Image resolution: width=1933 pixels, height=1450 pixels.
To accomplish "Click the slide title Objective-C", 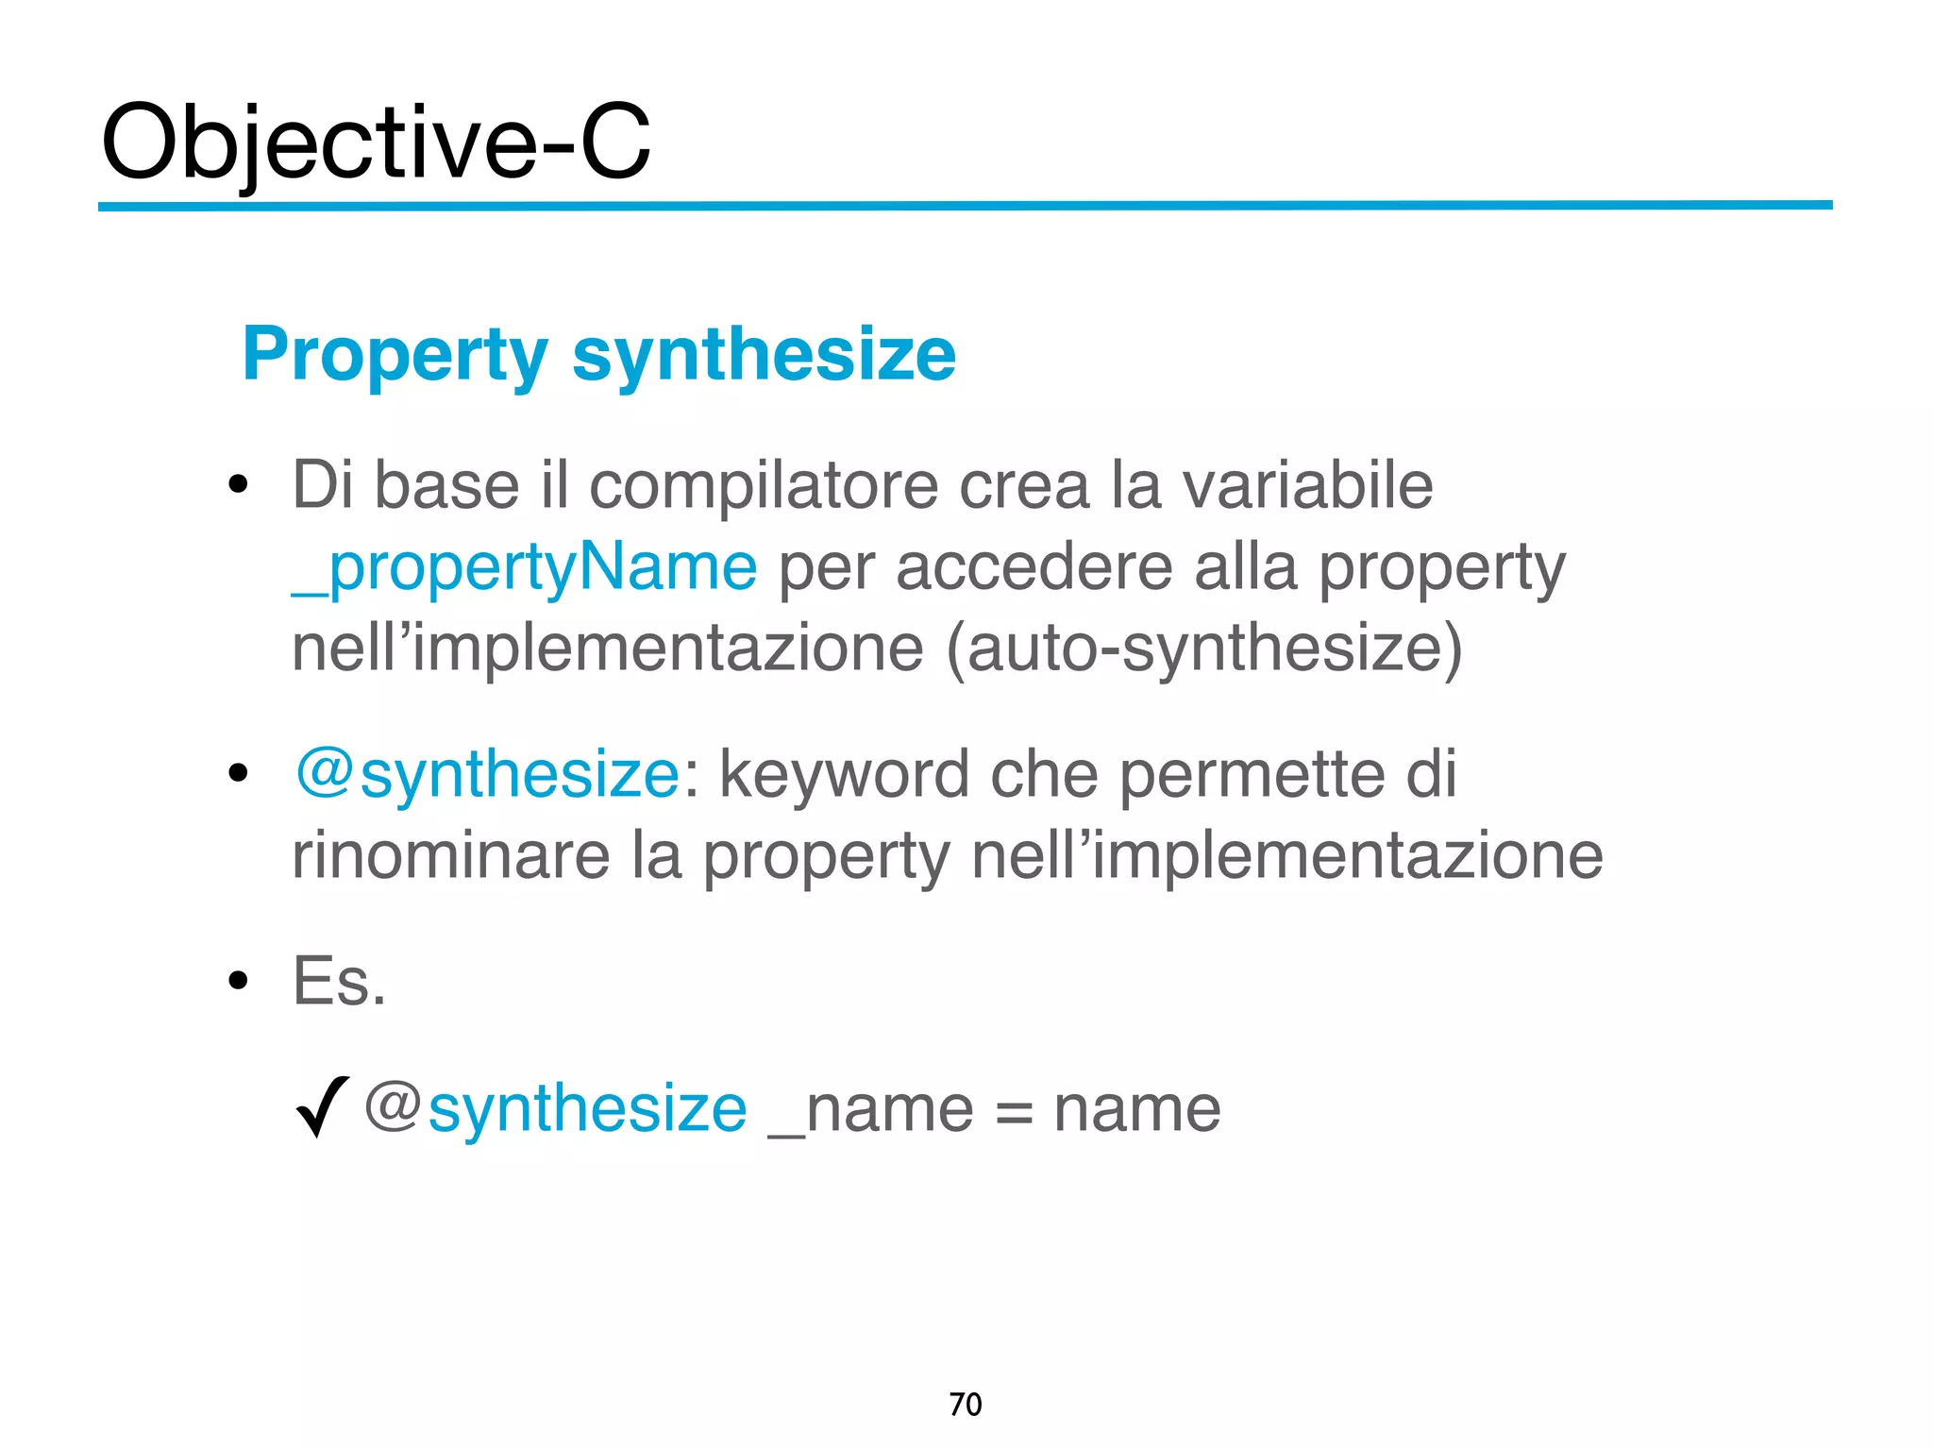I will tap(376, 143).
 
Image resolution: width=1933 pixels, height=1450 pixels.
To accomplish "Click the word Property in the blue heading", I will tap(395, 355).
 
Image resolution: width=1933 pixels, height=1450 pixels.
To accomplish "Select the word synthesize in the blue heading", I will tap(764, 355).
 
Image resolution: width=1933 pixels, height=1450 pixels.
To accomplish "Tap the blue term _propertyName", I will tap(524, 567).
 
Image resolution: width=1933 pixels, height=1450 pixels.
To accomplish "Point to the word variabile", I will tap(1307, 486).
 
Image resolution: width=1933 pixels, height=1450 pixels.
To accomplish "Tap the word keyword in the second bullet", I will tap(844, 775).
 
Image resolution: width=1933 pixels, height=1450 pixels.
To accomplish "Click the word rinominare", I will tap(451, 856).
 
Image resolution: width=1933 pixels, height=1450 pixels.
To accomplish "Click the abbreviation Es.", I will tap(339, 982).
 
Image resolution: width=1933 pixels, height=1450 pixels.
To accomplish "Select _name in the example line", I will tap(870, 1109).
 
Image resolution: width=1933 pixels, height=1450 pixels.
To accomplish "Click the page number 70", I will tap(965, 1405).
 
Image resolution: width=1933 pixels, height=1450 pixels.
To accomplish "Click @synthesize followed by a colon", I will tap(486, 775).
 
